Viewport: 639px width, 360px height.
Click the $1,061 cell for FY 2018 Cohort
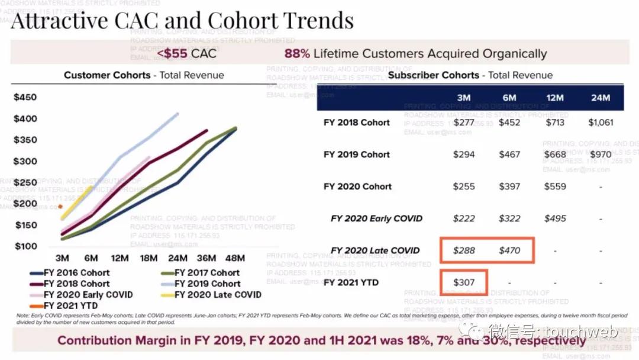click(601, 123)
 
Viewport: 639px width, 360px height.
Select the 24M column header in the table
click(600, 98)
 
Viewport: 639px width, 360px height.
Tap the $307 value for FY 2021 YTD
click(464, 282)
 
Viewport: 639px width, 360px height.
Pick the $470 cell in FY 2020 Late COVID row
click(509, 250)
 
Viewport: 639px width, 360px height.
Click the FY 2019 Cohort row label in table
click(356, 155)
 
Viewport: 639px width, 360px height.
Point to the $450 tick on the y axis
click(25, 97)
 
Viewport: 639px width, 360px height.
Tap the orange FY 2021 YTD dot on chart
click(60, 207)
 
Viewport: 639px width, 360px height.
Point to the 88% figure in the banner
click(297, 54)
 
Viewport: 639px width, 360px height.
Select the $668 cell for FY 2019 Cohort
click(555, 155)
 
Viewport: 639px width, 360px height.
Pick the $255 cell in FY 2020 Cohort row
click(464, 187)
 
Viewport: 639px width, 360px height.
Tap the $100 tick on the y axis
click(25, 246)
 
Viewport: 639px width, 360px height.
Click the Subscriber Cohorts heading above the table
click(433, 75)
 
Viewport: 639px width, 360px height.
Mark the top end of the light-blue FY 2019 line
click(177, 114)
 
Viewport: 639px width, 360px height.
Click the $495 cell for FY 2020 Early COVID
click(555, 218)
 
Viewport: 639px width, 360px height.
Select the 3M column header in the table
click(464, 98)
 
